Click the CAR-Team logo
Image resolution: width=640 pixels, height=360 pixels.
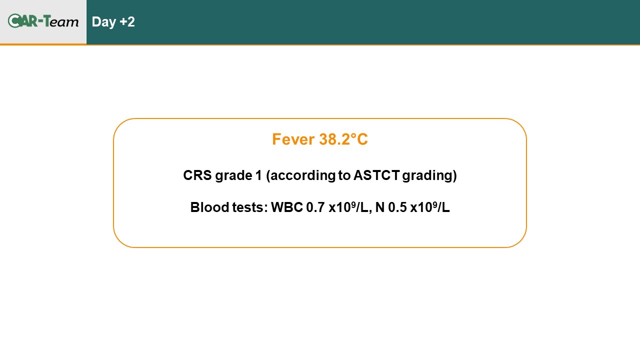click(x=43, y=21)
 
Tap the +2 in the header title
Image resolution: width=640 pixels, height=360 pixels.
click(x=127, y=21)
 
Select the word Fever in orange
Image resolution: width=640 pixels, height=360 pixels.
click(x=293, y=139)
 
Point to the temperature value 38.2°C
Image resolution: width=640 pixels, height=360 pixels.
click(x=343, y=139)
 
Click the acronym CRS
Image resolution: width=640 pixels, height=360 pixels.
click(x=197, y=175)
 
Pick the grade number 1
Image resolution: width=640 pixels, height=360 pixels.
click(x=259, y=175)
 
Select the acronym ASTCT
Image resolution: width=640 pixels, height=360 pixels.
click(x=376, y=175)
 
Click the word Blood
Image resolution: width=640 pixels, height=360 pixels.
click(x=209, y=207)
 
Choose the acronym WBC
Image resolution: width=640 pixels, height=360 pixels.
click(x=287, y=207)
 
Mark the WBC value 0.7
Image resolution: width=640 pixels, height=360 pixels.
click(x=315, y=207)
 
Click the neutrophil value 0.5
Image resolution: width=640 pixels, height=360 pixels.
click(x=397, y=207)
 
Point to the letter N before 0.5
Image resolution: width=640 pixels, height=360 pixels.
click(x=379, y=207)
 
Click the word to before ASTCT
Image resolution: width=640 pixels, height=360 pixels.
click(x=344, y=175)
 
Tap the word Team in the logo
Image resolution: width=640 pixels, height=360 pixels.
click(x=61, y=21)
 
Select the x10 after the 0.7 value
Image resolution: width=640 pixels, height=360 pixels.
click(x=339, y=207)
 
